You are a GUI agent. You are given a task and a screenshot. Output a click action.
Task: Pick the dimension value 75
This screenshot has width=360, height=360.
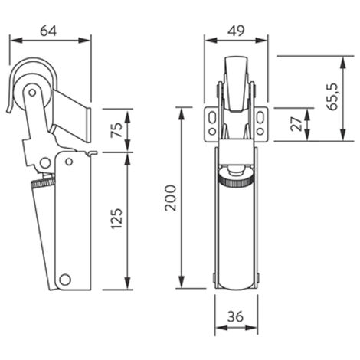(116, 129)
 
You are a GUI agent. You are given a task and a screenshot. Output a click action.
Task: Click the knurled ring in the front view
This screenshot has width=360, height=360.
(236, 182)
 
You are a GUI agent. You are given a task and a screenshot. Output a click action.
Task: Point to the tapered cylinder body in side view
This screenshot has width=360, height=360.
(44, 230)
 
